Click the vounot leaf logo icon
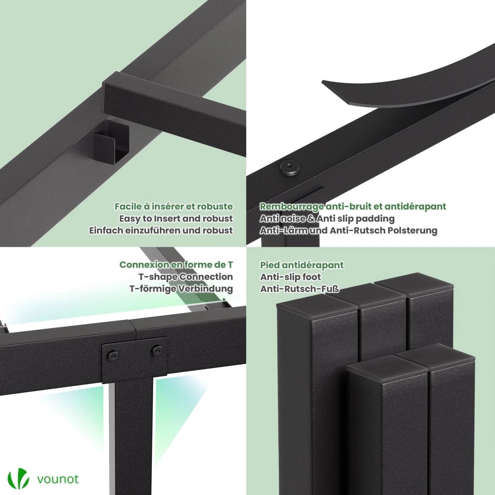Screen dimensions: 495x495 (x=18, y=478)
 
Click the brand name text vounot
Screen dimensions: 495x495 (x=58, y=479)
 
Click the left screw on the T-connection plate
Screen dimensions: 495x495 (x=113, y=355)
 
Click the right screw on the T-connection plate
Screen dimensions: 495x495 (x=156, y=350)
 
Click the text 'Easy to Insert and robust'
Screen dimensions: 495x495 (x=176, y=218)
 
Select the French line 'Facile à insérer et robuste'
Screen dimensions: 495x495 (x=174, y=207)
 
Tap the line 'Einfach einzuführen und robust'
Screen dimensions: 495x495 (x=161, y=230)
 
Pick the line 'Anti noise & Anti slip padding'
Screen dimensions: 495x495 (x=327, y=218)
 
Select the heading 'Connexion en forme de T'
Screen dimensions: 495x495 (x=176, y=265)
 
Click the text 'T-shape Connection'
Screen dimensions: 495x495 (x=185, y=277)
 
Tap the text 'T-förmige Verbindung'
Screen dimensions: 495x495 (x=181, y=288)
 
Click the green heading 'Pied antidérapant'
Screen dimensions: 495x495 (x=302, y=265)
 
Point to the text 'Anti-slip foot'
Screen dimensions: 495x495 (x=290, y=277)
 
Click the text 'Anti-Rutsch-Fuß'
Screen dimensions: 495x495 (x=299, y=289)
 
